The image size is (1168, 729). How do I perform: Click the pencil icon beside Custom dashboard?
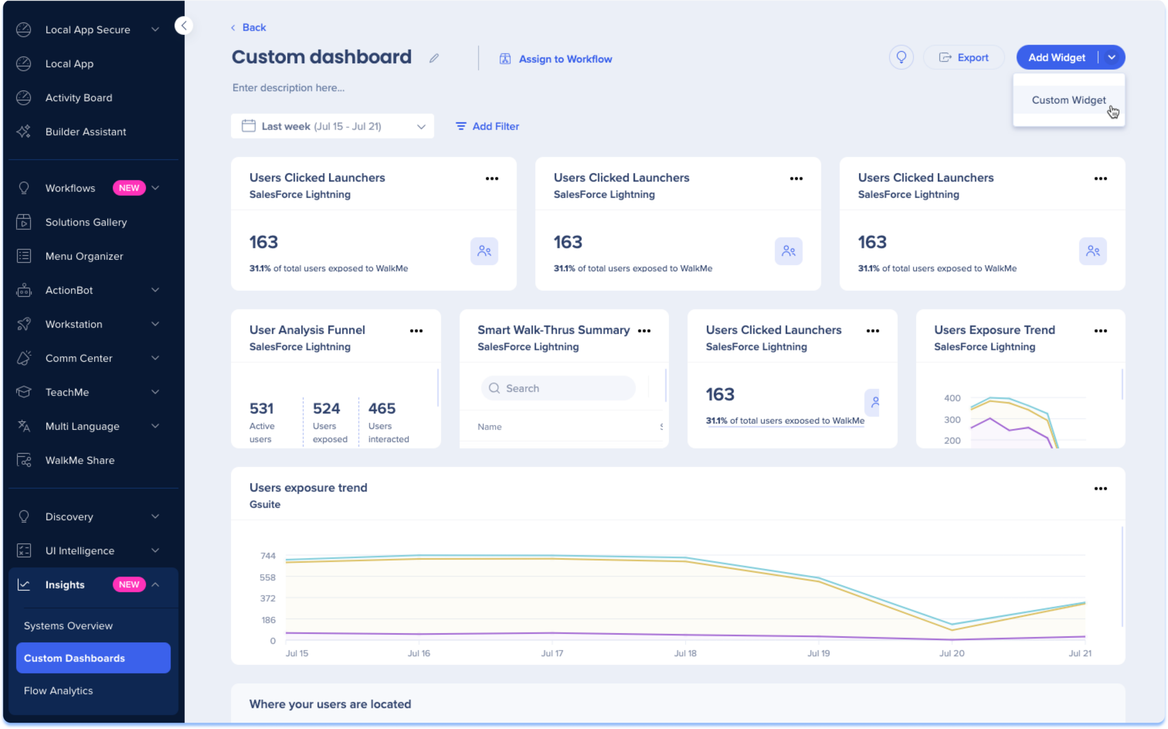434,58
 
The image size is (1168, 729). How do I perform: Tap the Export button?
964,58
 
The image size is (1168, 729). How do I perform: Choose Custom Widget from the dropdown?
1068,100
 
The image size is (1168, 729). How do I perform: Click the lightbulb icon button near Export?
901,58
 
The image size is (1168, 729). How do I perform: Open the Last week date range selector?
332,126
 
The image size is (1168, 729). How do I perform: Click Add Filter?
488,126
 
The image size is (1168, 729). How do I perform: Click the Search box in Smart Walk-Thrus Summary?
559,388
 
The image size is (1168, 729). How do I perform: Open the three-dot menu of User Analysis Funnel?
416,331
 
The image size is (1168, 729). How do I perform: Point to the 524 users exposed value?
326,409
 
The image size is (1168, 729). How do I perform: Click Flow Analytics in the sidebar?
58,691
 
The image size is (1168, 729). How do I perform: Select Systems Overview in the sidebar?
68,626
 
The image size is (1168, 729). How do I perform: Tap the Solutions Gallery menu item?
86,222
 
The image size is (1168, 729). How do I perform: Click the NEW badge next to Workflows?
129,188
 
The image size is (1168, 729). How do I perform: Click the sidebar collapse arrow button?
184,26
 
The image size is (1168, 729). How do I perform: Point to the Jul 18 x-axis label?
685,653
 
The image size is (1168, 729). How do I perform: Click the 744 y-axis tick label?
267,556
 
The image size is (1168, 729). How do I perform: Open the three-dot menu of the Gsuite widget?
1100,489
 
